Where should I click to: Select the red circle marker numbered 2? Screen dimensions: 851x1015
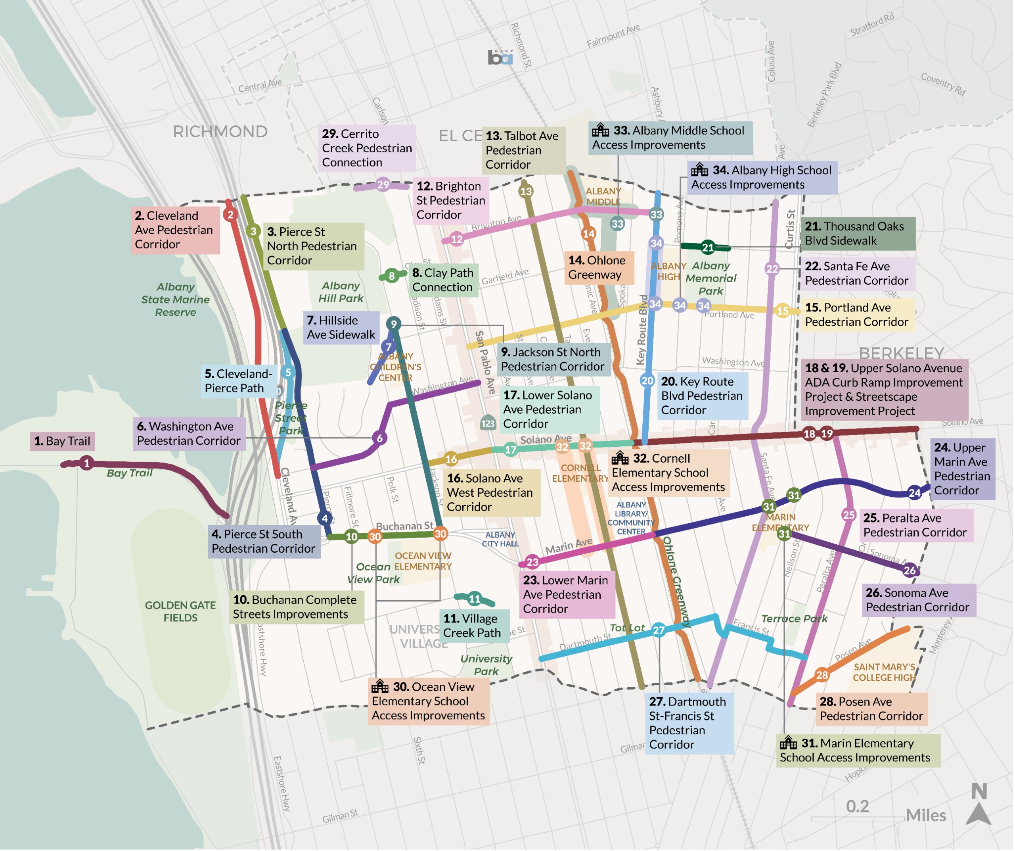[230, 215]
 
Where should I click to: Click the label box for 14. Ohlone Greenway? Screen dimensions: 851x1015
[600, 268]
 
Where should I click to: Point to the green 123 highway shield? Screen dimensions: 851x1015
[488, 424]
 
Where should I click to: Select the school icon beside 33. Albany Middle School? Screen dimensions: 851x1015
[601, 130]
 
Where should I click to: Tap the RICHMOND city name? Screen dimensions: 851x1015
[220, 132]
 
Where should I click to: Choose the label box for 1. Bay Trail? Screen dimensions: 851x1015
[63, 442]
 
